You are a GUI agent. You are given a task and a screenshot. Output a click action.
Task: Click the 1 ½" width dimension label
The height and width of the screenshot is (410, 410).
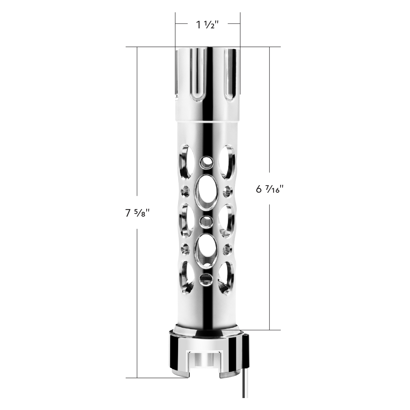click(207, 25)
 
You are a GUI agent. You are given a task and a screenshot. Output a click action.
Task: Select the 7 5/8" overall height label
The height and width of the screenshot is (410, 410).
click(138, 214)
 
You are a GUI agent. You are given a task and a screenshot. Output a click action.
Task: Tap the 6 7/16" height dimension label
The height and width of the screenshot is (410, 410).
click(270, 189)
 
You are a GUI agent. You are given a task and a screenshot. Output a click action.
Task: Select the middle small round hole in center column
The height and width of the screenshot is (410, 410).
click(206, 221)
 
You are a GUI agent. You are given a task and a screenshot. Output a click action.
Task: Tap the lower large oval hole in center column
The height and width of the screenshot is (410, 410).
click(206, 250)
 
